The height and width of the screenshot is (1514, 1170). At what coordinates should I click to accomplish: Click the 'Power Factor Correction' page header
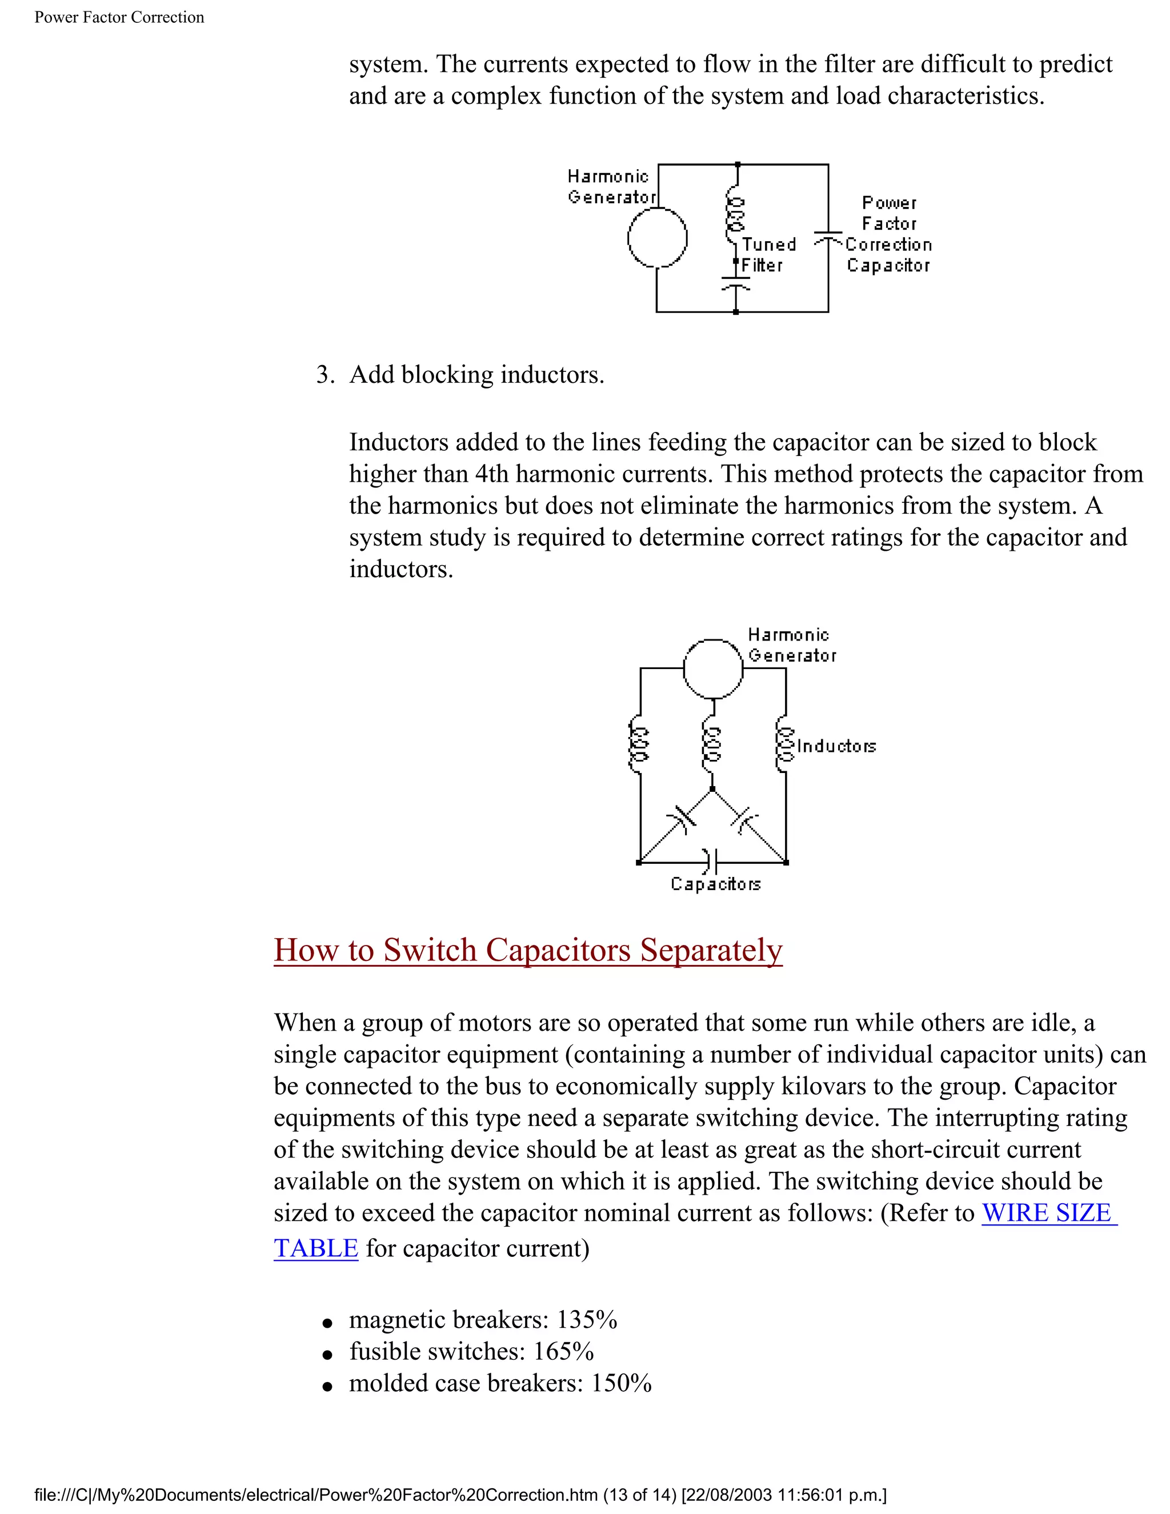point(119,17)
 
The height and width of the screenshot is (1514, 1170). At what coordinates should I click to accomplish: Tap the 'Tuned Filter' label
point(768,254)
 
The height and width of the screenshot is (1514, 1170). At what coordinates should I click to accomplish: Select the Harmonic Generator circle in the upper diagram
point(657,238)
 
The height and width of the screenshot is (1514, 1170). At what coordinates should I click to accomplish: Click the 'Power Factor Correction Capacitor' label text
point(888,234)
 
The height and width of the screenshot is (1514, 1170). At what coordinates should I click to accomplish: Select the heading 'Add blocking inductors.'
point(476,374)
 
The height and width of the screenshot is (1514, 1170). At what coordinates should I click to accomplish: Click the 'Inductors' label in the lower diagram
point(836,746)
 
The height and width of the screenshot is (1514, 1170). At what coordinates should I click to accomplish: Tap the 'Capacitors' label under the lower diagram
point(715,884)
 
